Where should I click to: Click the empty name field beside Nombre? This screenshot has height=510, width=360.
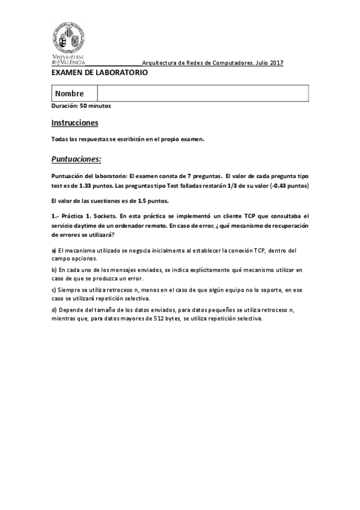[x=203, y=94]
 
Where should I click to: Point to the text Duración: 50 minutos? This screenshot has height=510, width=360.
[x=81, y=106]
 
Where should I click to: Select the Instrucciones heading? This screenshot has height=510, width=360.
[x=75, y=123]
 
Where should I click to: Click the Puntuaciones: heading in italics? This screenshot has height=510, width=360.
[x=76, y=159]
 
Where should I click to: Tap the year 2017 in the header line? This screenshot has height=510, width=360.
[x=277, y=63]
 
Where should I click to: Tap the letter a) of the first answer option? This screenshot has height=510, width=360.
[x=53, y=250]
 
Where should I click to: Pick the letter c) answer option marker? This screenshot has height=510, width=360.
[x=53, y=290]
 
